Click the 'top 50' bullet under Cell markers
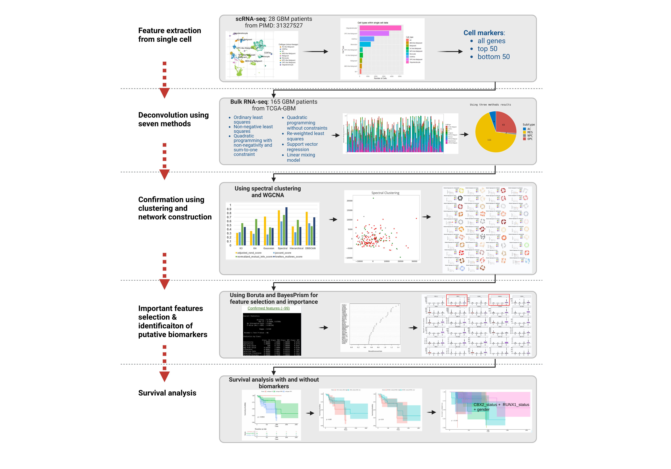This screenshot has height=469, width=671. (x=487, y=49)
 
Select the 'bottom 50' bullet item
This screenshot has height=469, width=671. (x=493, y=57)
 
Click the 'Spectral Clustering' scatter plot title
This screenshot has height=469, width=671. (x=385, y=193)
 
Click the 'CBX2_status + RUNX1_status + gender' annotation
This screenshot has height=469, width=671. (x=501, y=407)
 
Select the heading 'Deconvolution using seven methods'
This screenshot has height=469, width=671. (x=173, y=119)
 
